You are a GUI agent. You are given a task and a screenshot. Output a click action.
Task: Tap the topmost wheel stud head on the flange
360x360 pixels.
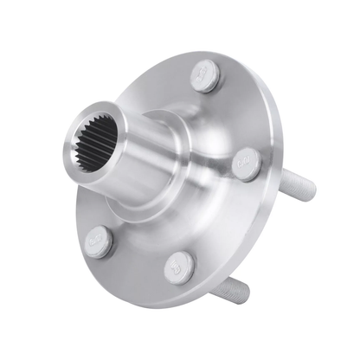203,77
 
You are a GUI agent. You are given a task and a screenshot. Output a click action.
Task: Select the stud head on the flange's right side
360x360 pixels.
245,164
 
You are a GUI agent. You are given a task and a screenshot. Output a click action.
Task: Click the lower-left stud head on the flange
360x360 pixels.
100,241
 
